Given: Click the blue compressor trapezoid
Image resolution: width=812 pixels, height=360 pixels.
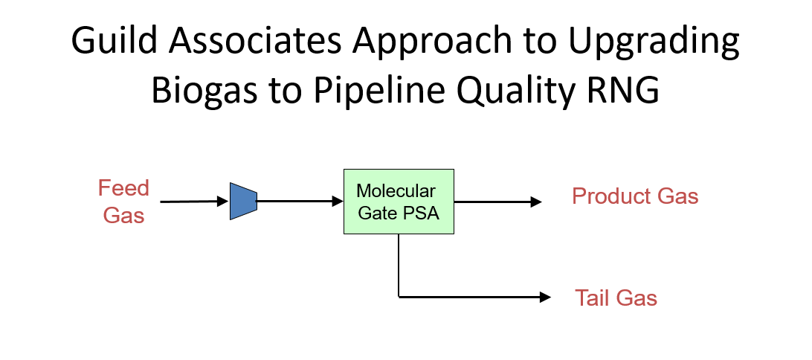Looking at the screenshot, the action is click(243, 201).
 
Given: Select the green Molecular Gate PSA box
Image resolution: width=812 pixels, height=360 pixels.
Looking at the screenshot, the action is click(399, 202).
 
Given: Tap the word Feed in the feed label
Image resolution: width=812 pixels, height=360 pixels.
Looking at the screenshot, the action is click(123, 188).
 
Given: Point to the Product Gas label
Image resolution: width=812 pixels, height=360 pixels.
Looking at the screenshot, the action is click(635, 196).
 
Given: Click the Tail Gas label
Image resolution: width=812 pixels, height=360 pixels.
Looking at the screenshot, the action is click(616, 298).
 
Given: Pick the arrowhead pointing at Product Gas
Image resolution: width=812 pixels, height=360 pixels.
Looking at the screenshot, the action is click(536, 202).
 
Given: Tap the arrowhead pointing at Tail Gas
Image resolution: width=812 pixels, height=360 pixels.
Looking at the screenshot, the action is click(545, 297).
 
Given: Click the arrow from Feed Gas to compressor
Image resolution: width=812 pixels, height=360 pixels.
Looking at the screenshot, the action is click(194, 202).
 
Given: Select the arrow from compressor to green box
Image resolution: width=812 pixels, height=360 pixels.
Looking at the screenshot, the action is click(300, 201).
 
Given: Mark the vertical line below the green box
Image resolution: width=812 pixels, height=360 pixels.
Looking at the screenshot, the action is click(399, 266).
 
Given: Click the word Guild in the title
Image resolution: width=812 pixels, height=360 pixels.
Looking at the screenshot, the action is click(114, 40).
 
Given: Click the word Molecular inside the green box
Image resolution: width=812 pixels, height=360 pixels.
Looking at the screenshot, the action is click(396, 191).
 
